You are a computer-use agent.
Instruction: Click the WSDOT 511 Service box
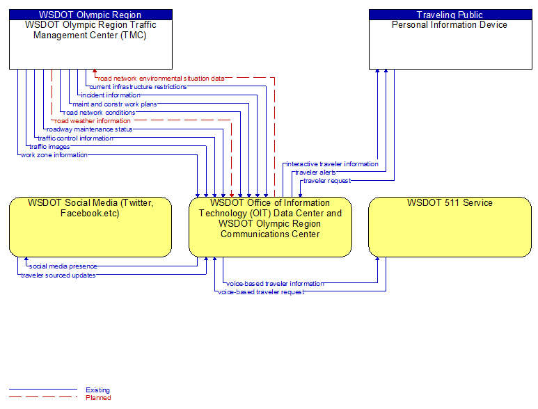450,227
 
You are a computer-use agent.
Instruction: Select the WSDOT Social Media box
90,227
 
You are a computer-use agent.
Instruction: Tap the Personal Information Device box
450,40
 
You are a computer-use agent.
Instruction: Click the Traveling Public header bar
450,15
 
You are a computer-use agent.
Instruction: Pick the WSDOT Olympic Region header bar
90,15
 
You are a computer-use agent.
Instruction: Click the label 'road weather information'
93,121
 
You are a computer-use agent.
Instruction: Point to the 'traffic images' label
49,147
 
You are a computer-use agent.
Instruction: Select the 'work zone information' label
54,155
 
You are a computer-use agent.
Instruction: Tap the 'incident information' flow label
111,95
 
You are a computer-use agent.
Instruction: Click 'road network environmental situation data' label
161,79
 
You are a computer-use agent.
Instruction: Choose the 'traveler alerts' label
315,173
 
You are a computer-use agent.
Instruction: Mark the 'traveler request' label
327,181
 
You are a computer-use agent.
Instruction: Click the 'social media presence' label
63,266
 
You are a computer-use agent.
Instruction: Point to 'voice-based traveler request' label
261,292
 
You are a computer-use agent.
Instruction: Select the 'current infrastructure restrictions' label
138,87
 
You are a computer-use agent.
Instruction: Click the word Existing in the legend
98,390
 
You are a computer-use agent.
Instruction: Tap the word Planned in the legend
98,398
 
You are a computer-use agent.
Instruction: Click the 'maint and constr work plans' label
115,104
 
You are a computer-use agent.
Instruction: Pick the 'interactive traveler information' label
332,164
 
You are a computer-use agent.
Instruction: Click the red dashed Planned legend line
43,397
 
